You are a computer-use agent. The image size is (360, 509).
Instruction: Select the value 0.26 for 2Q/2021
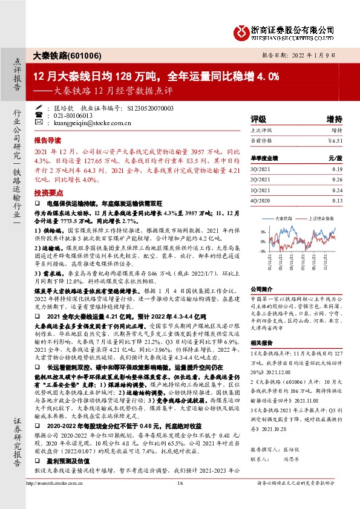(x=336, y=180)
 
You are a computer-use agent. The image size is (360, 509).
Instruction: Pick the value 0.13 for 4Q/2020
(x=336, y=200)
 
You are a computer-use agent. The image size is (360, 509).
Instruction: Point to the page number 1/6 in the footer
(x=180, y=499)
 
